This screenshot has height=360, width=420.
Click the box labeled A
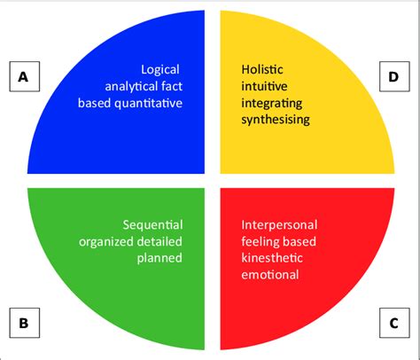pos(23,78)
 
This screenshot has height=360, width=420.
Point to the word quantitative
pos(153,103)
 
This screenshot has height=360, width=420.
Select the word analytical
pos(136,86)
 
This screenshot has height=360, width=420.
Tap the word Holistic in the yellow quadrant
pos(263,69)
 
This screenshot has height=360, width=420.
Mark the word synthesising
pos(276,120)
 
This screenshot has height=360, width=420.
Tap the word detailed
pos(163,241)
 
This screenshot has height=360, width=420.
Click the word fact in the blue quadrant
pos(172,86)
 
